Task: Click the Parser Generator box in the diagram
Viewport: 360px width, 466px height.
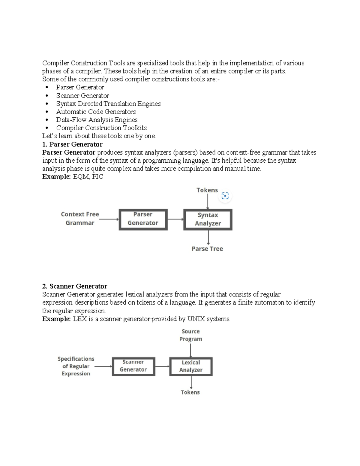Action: tap(143, 219)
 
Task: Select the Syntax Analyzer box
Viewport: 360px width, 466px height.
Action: tap(208, 220)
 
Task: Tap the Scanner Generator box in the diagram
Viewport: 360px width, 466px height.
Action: tap(133, 366)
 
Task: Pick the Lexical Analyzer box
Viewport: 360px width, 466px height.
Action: tap(191, 366)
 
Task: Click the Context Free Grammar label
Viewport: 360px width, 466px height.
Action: tap(80, 218)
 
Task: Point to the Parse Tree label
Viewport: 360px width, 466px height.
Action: tap(207, 249)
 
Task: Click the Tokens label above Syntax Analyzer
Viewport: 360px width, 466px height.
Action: tap(207, 190)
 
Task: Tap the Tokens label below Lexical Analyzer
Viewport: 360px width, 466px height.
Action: tap(190, 392)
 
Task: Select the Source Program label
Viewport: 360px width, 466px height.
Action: tap(190, 335)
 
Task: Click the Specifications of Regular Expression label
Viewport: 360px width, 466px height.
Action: tap(76, 366)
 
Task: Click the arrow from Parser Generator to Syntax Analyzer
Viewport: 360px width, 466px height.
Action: tap(175, 219)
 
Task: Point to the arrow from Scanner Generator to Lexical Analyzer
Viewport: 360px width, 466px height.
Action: tap(162, 366)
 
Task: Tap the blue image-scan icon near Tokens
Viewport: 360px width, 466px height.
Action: tap(225, 196)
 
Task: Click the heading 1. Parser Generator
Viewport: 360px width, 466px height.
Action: tap(72, 144)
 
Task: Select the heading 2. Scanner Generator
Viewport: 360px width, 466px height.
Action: tap(75, 286)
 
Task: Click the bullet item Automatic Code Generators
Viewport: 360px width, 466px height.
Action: tap(96, 112)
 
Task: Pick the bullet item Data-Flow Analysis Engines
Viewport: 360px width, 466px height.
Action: tap(97, 120)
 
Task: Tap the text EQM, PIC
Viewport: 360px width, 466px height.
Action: tap(88, 177)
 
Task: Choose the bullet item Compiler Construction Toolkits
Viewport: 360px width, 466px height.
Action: tap(101, 128)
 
